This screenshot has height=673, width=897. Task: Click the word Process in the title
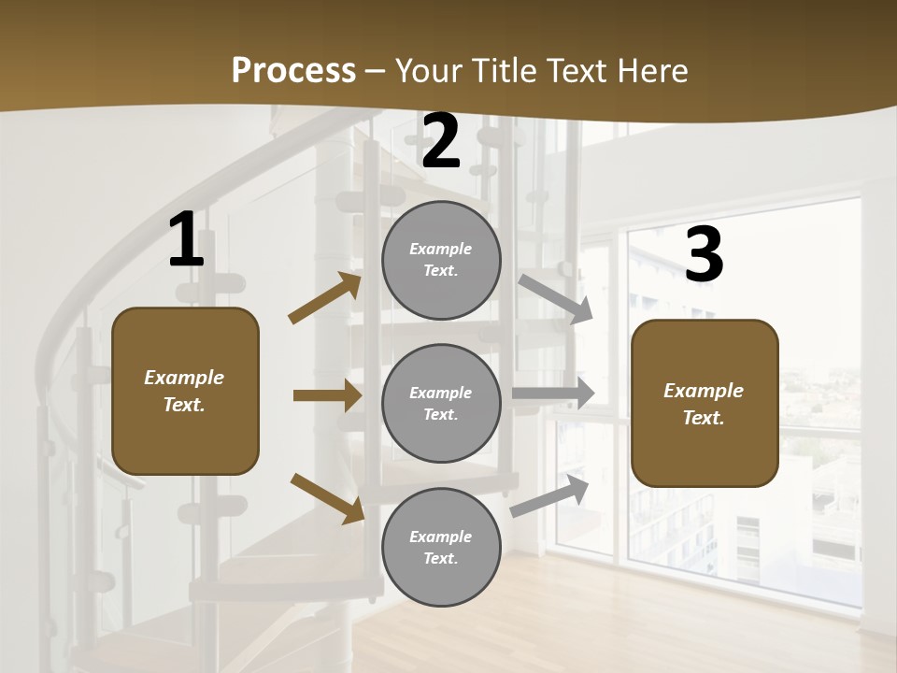pos(293,70)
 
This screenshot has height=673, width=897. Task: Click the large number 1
pos(186,240)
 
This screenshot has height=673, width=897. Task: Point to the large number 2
pos(441,142)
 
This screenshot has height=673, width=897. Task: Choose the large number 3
pos(704,254)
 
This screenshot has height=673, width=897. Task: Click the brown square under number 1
pos(185,391)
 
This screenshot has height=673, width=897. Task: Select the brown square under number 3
pos(705,404)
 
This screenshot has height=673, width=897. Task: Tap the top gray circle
pos(441,260)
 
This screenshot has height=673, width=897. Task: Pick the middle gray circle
pos(441,404)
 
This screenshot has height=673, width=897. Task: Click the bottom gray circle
pos(441,548)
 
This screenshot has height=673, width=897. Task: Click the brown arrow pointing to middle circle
pos(327,395)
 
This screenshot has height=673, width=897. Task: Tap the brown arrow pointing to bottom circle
pos(327,498)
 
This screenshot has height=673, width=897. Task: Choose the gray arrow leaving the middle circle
pos(553,393)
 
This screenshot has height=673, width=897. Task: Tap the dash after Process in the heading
pos(376,71)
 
